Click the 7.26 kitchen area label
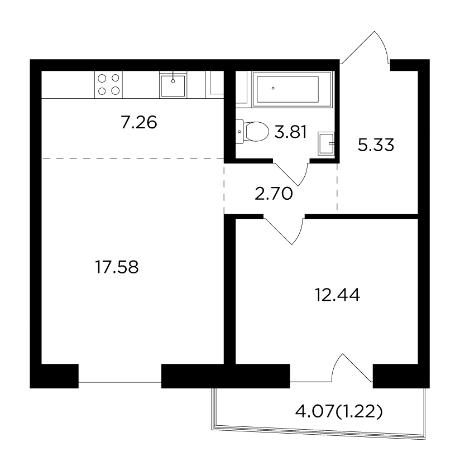pos(139,123)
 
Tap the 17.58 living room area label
pos(117,267)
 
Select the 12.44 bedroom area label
pos(337,295)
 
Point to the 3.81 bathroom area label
pos(290,132)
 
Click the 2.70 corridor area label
pos(274,194)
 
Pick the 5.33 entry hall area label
pos(376,145)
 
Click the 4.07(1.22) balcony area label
pos(339,412)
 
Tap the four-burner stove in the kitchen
pos(108,84)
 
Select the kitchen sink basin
pos(172,86)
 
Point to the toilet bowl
pos(257,132)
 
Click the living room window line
pos(120,382)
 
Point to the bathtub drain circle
pos(273,88)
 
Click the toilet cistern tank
pos(239,132)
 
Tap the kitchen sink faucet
pos(173,77)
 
